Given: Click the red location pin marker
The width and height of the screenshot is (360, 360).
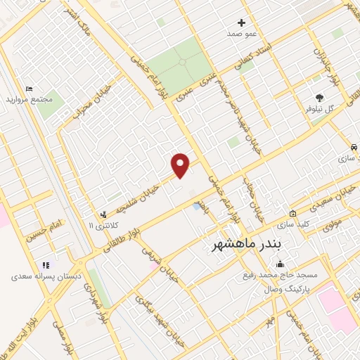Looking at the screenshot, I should click(x=181, y=165).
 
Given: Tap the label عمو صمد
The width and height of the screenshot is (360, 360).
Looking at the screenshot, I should click(x=241, y=34).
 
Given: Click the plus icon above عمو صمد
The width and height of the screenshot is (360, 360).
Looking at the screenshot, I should click(x=242, y=22).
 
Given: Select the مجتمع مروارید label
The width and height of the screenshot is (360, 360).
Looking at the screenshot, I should click(x=30, y=100).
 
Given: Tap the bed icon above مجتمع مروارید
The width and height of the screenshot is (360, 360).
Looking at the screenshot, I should click(x=29, y=89).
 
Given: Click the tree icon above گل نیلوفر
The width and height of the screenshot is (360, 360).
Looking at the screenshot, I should click(x=321, y=98).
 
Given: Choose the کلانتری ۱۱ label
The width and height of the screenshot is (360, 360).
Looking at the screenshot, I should click(x=101, y=225).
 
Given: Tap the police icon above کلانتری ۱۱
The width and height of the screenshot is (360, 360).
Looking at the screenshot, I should click(x=104, y=214).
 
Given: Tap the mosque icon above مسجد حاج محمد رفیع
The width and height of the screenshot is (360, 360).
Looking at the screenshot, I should click(x=281, y=264).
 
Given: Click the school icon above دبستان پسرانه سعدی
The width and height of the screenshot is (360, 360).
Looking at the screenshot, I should click(x=46, y=265).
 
